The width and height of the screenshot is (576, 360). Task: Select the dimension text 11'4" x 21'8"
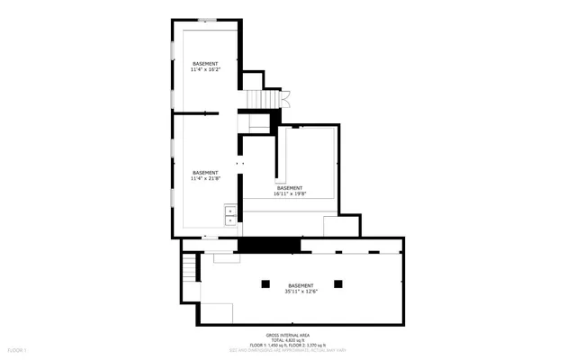(x=205, y=178)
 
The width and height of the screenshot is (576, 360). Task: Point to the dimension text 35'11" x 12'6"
(x=301, y=291)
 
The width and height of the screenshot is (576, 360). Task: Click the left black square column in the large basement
(x=265, y=283)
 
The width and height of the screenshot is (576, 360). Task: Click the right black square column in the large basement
(x=338, y=283)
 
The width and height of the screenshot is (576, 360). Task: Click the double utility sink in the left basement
(x=230, y=214)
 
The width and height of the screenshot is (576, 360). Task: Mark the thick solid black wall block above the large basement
(x=268, y=245)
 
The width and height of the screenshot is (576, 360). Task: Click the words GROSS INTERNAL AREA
(x=288, y=333)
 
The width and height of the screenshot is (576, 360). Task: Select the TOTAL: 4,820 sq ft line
(x=288, y=338)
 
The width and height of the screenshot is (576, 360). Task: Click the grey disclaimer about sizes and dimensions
(x=288, y=349)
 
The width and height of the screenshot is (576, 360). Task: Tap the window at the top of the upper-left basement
(x=209, y=20)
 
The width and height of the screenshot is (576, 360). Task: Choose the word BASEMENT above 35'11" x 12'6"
(x=301, y=285)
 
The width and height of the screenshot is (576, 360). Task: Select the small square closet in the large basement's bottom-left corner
(x=216, y=313)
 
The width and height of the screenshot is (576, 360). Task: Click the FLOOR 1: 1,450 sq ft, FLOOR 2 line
(x=288, y=344)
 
